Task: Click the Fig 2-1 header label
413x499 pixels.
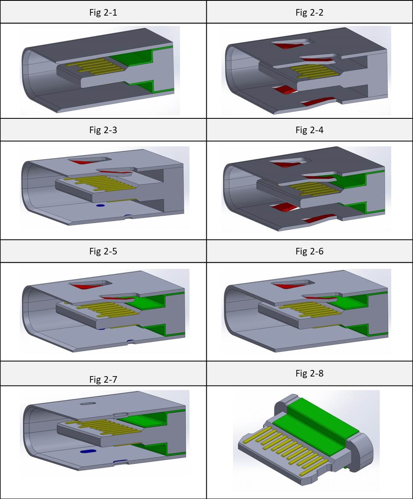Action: [103, 12]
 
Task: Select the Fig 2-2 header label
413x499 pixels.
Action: [309, 12]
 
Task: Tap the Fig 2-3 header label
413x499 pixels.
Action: [103, 130]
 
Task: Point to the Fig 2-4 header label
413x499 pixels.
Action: [309, 130]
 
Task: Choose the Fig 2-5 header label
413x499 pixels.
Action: [103, 251]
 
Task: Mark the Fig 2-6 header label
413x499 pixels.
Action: [309, 251]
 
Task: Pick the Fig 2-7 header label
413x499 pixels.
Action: [103, 379]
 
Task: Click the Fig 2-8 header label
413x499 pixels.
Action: [309, 373]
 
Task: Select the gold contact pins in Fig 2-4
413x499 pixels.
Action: [314, 187]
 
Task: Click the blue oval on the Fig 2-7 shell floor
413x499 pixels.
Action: [88, 451]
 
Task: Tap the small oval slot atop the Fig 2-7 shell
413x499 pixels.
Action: [87, 404]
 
